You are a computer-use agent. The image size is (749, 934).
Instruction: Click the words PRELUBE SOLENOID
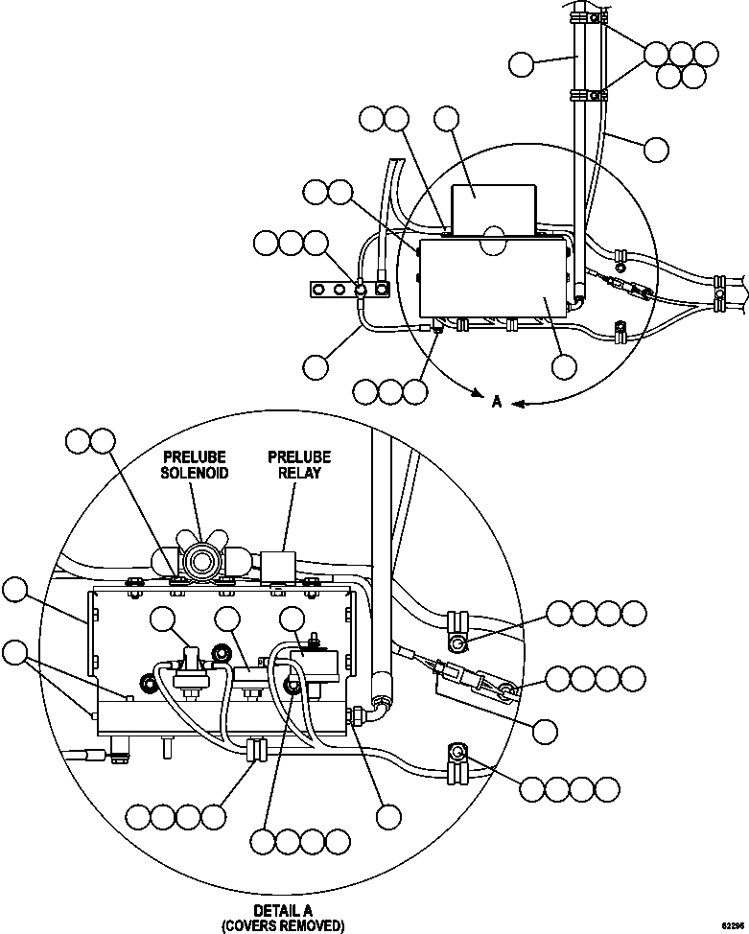[x=195, y=465]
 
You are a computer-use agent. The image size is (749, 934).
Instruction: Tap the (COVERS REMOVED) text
[x=283, y=924]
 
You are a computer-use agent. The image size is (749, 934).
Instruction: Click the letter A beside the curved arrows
[x=496, y=403]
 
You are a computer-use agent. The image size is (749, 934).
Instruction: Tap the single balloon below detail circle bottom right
[x=387, y=816]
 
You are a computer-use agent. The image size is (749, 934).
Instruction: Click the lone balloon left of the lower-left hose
[x=316, y=365]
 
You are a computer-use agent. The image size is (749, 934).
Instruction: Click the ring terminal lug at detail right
[x=503, y=687]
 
